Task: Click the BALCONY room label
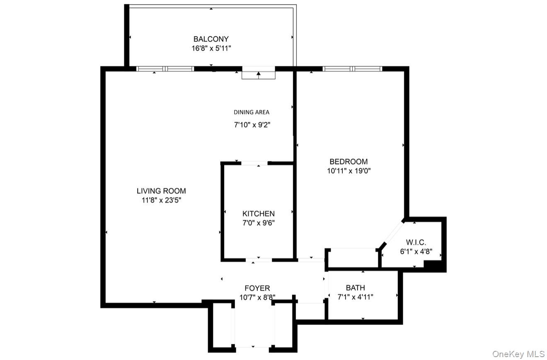(211, 39)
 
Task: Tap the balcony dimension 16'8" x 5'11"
(211, 48)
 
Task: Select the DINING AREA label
(252, 112)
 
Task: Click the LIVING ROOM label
(161, 191)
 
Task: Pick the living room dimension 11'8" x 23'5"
(161, 200)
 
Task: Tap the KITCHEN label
(259, 214)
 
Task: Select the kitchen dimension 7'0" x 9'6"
(259, 223)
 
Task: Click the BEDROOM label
(349, 161)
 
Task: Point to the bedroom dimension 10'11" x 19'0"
(349, 170)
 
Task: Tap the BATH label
(355, 287)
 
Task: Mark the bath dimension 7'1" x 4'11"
(355, 297)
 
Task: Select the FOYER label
(257, 288)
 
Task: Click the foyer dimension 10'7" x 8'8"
(257, 297)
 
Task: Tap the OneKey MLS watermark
(518, 354)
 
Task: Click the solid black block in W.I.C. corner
(433, 265)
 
